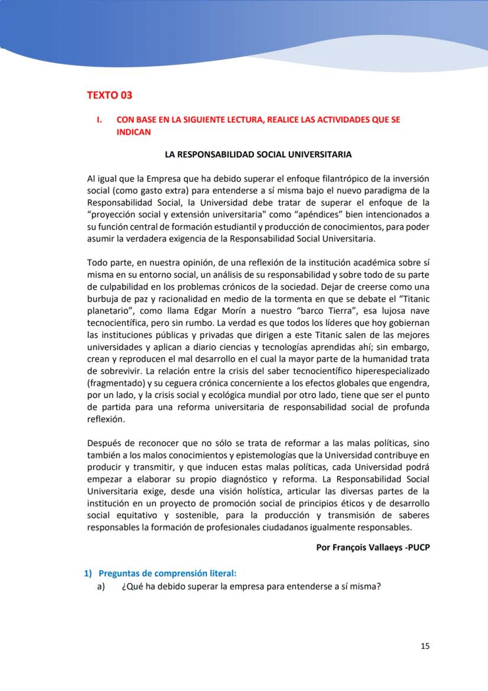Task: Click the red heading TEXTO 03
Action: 110,94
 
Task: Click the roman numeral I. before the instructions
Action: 100,119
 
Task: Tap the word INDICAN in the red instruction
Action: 134,132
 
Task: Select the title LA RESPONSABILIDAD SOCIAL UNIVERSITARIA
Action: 258,155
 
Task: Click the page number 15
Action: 425,646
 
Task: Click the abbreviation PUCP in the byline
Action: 418,546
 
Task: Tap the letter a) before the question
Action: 101,587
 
